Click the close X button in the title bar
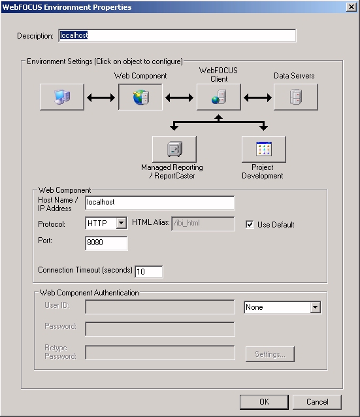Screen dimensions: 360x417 tap(352, 7)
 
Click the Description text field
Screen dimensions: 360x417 tap(177, 36)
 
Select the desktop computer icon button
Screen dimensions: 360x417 tap(62, 97)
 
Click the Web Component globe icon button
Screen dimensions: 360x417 tap(140, 97)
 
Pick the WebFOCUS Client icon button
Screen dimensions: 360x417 tap(219, 97)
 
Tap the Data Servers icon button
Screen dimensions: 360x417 tap(296, 97)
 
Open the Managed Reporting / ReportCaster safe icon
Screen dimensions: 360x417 tap(174, 149)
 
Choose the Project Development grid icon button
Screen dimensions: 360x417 tap(264, 149)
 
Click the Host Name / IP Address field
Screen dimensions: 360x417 tap(160, 203)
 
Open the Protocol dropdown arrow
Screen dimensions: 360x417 tap(122, 223)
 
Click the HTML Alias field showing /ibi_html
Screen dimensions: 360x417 tap(203, 224)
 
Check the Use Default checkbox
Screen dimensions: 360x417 tap(250, 224)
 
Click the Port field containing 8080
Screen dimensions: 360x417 tap(106, 243)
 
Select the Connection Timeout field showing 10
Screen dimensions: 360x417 tap(149, 271)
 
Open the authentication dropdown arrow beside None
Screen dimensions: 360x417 tap(316, 307)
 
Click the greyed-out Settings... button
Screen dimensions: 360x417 tap(270, 354)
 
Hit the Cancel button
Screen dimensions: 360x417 tap(317, 402)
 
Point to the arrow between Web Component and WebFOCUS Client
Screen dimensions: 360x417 tap(179, 97)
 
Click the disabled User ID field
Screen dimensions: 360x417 tap(160, 307)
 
